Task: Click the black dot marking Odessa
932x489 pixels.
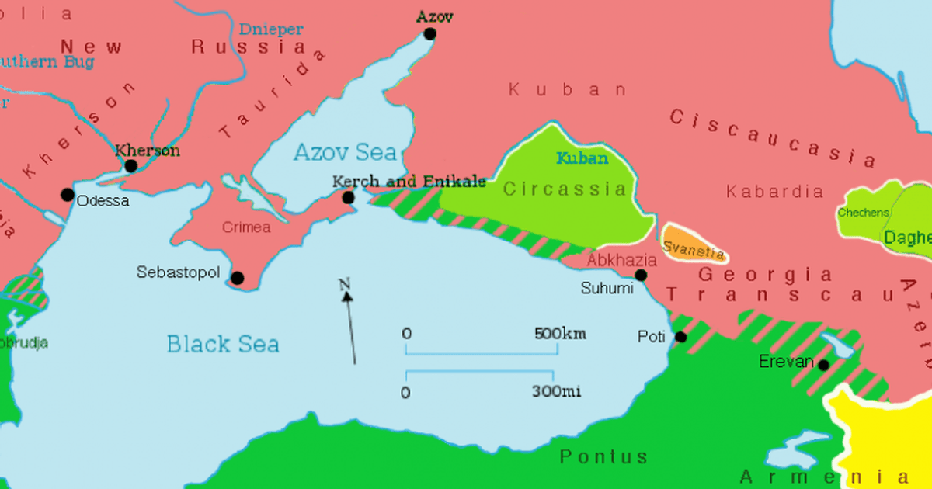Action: pyautogui.click(x=68, y=195)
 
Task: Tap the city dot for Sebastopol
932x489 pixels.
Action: pyautogui.click(x=238, y=278)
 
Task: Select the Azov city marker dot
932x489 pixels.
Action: pyautogui.click(x=429, y=34)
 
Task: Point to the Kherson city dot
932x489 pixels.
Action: pyautogui.click(x=131, y=166)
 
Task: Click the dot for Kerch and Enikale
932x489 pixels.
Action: pyautogui.click(x=349, y=198)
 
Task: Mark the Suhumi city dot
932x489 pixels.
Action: pyautogui.click(x=641, y=275)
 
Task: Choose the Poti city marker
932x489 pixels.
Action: pyautogui.click(x=680, y=337)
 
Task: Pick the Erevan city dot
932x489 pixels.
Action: pyautogui.click(x=823, y=365)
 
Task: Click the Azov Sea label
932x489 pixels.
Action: pyautogui.click(x=344, y=153)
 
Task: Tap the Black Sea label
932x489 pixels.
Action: pyautogui.click(x=223, y=344)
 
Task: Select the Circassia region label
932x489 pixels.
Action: pyautogui.click(x=564, y=189)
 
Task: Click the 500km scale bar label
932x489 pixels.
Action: pyautogui.click(x=560, y=335)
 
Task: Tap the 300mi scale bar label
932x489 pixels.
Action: pyautogui.click(x=556, y=391)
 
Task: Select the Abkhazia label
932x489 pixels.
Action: pyautogui.click(x=621, y=260)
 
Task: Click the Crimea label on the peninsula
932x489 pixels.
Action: pyautogui.click(x=246, y=227)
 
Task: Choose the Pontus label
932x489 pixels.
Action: pyautogui.click(x=603, y=456)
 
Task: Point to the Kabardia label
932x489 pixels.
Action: pyautogui.click(x=774, y=191)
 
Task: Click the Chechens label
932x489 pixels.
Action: pyautogui.click(x=863, y=213)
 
